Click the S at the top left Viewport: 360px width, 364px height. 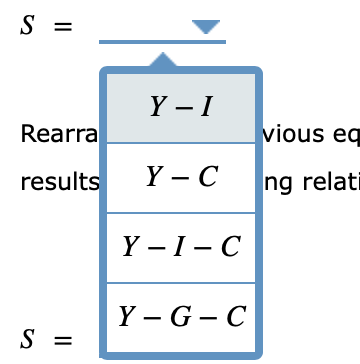27,27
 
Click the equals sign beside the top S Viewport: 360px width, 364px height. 63,28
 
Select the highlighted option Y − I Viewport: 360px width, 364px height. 181,107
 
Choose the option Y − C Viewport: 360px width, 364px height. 181,177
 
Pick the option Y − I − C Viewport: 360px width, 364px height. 181,247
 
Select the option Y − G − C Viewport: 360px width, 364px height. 181,317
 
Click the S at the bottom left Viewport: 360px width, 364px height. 27,340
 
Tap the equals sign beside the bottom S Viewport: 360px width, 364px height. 63,341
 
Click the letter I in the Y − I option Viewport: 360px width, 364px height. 206,107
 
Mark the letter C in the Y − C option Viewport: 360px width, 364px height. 207,177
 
